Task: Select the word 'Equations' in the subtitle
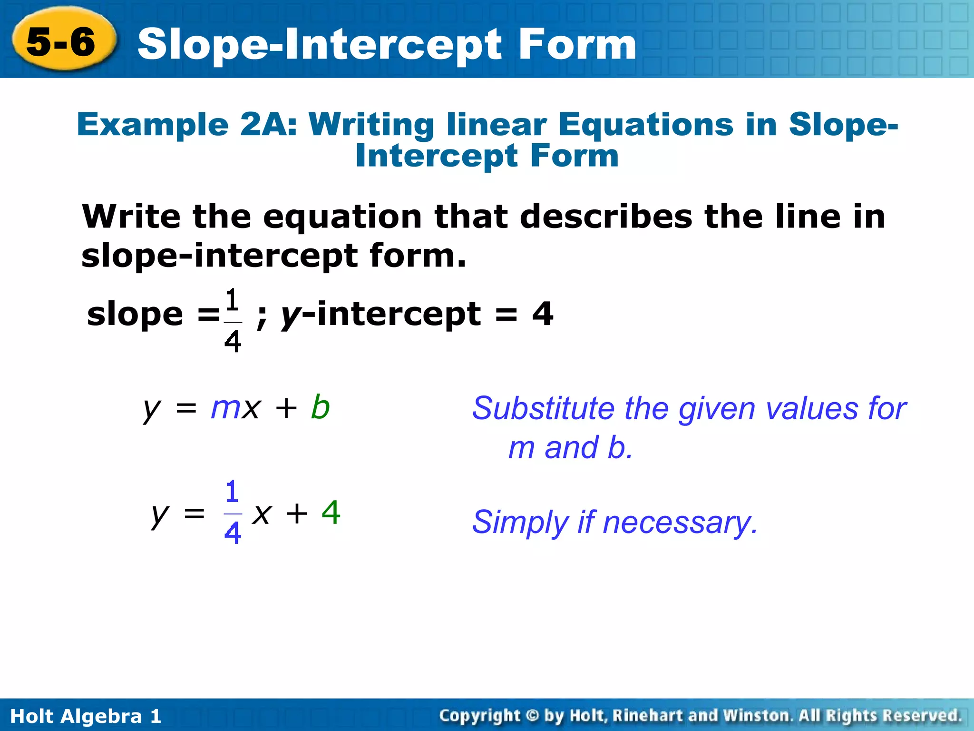[645, 125]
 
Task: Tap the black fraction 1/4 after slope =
[233, 321]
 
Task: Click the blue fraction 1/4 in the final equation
[232, 513]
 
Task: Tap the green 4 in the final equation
[331, 513]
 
